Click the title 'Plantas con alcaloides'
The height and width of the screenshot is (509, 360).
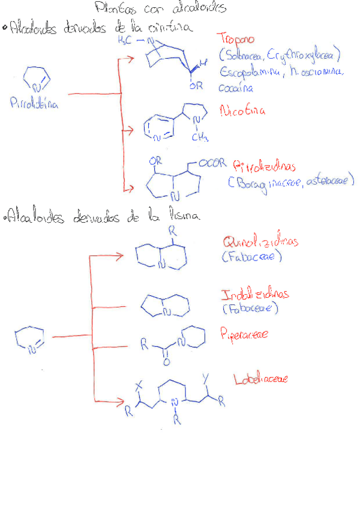point(160,8)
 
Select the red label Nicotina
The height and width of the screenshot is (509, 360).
point(242,112)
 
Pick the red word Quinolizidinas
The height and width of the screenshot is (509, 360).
point(260,243)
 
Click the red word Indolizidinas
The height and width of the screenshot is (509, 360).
point(255,295)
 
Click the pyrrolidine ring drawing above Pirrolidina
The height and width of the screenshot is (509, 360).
point(34,79)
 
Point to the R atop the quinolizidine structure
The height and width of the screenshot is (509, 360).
point(173,229)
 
